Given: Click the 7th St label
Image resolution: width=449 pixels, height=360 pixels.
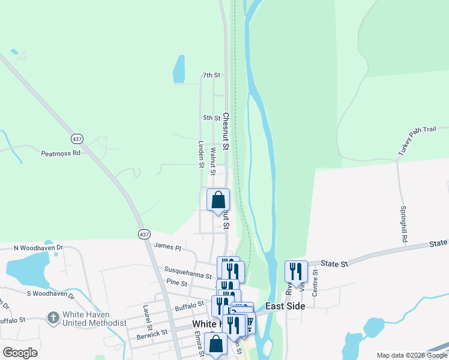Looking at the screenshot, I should point(212,75).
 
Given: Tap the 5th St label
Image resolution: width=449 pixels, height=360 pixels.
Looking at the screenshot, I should point(212,118).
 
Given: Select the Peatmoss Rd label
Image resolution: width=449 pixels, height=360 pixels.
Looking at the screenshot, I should point(61,153).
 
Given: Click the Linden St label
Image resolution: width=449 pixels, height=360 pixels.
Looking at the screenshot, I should point(201,154).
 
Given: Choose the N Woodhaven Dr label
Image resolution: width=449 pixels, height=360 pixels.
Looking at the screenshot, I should point(38,247).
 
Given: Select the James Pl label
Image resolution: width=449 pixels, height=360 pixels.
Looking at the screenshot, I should point(167,245).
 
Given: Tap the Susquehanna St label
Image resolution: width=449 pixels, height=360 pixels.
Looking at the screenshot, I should point(188,276).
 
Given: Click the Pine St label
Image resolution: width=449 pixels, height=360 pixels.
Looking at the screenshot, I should point(176,283).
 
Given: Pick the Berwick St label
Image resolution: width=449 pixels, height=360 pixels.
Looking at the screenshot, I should point(152,332).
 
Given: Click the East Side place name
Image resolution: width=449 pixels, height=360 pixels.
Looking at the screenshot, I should point(286,306).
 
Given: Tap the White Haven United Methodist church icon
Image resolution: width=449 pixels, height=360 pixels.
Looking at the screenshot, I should point(53,316).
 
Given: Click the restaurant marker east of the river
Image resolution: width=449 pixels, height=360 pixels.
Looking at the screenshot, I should point(296,271).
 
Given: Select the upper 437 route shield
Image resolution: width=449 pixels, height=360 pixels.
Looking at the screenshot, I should point(76,139).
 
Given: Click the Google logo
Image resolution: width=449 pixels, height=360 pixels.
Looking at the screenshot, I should point(20,352).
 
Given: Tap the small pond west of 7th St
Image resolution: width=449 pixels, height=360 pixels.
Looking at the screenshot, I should point(179,70).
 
